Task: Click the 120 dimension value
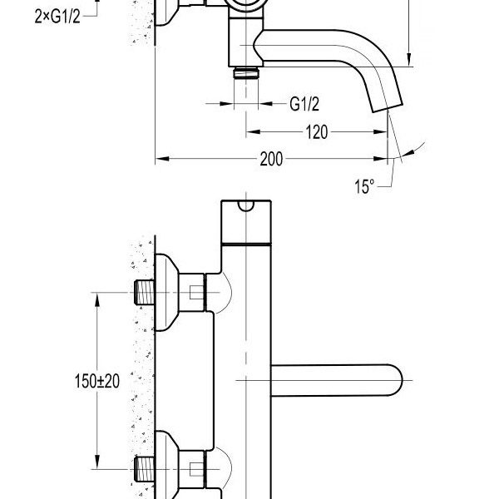(316, 131)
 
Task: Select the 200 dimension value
(270, 159)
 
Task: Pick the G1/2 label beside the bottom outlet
(305, 103)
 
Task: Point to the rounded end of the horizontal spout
(396, 379)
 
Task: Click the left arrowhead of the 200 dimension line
(161, 159)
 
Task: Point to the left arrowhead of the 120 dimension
(249, 131)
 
